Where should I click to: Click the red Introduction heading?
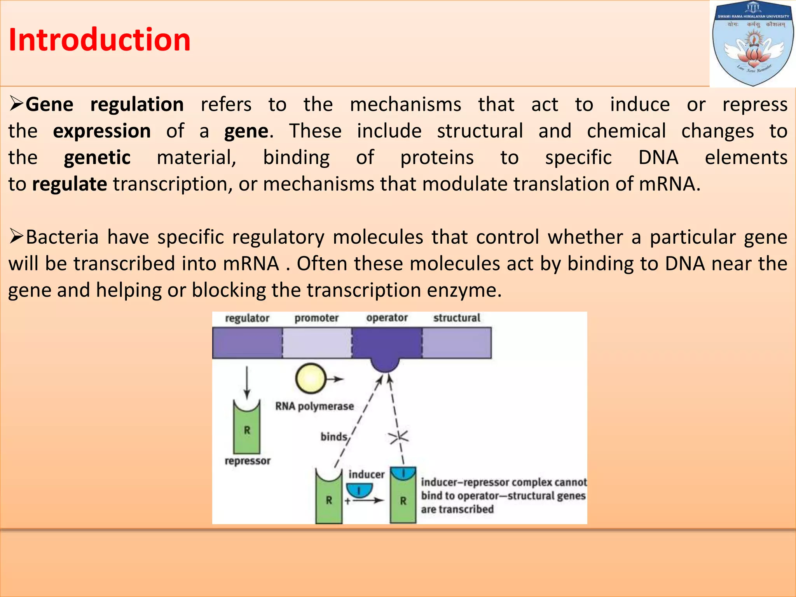[x=99, y=40]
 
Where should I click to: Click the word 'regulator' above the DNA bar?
[x=247, y=318]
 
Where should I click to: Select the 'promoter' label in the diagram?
[x=316, y=318]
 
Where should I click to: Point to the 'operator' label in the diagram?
[x=387, y=318]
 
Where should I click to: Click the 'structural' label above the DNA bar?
[x=457, y=318]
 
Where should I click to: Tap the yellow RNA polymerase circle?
[x=310, y=379]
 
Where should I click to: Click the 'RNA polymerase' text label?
[x=314, y=407]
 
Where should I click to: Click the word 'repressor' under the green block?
[x=248, y=461]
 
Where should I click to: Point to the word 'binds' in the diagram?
[x=333, y=437]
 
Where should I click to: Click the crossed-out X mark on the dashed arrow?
[x=399, y=438]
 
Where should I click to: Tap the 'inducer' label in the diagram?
[x=366, y=475]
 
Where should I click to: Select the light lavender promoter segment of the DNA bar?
[x=317, y=342]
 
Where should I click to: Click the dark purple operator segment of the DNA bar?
[x=387, y=342]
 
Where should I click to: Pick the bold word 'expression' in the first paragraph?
[x=102, y=131]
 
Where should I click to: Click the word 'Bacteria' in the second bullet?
[x=62, y=237]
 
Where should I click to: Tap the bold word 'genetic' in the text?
[x=97, y=157]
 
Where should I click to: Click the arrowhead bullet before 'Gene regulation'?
[x=17, y=104]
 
